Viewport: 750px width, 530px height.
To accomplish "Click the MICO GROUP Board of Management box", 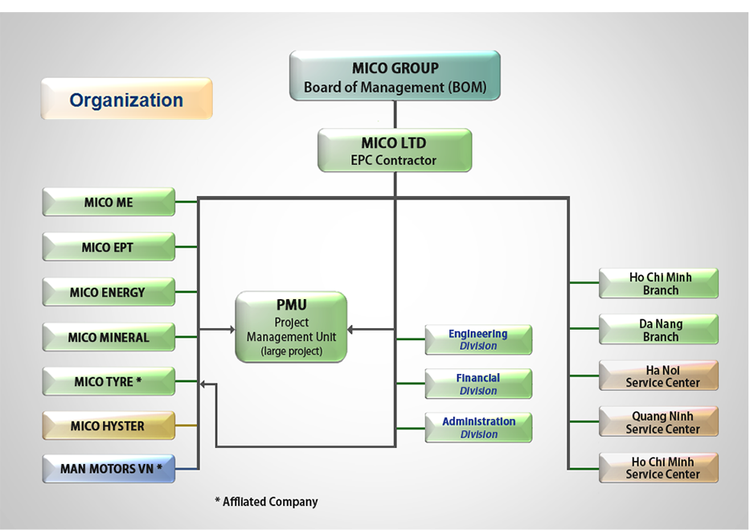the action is (x=395, y=76).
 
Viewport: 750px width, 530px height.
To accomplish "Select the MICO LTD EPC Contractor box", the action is (x=395, y=150).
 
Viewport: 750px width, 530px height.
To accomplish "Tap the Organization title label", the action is (x=127, y=99).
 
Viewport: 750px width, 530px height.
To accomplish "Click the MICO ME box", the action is (x=109, y=202).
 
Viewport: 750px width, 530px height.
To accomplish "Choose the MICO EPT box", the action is (x=109, y=247).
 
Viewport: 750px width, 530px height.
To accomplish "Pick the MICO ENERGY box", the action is (x=109, y=292).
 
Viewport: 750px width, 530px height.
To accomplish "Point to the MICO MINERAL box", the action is (x=109, y=337).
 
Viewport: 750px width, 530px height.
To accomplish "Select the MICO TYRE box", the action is (x=109, y=381).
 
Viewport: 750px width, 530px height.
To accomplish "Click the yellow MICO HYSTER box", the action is (x=109, y=425).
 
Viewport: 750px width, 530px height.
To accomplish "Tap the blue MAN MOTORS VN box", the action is (x=109, y=469).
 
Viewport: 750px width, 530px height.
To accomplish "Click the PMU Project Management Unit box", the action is (x=291, y=327).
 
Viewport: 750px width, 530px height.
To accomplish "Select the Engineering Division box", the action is (x=478, y=339).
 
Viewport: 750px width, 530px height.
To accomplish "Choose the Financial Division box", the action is (x=478, y=384).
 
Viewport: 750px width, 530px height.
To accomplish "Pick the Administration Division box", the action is (x=478, y=428).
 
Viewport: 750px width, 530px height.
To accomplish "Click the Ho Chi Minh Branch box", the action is (x=658, y=283).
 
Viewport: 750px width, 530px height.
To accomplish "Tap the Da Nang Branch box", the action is (x=658, y=330).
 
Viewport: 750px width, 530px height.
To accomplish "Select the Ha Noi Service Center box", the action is (x=658, y=376).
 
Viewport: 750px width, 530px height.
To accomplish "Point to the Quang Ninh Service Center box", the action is (x=658, y=422).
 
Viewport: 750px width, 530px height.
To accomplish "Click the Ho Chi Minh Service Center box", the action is (x=658, y=468).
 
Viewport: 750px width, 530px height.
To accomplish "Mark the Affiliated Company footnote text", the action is (x=266, y=501).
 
